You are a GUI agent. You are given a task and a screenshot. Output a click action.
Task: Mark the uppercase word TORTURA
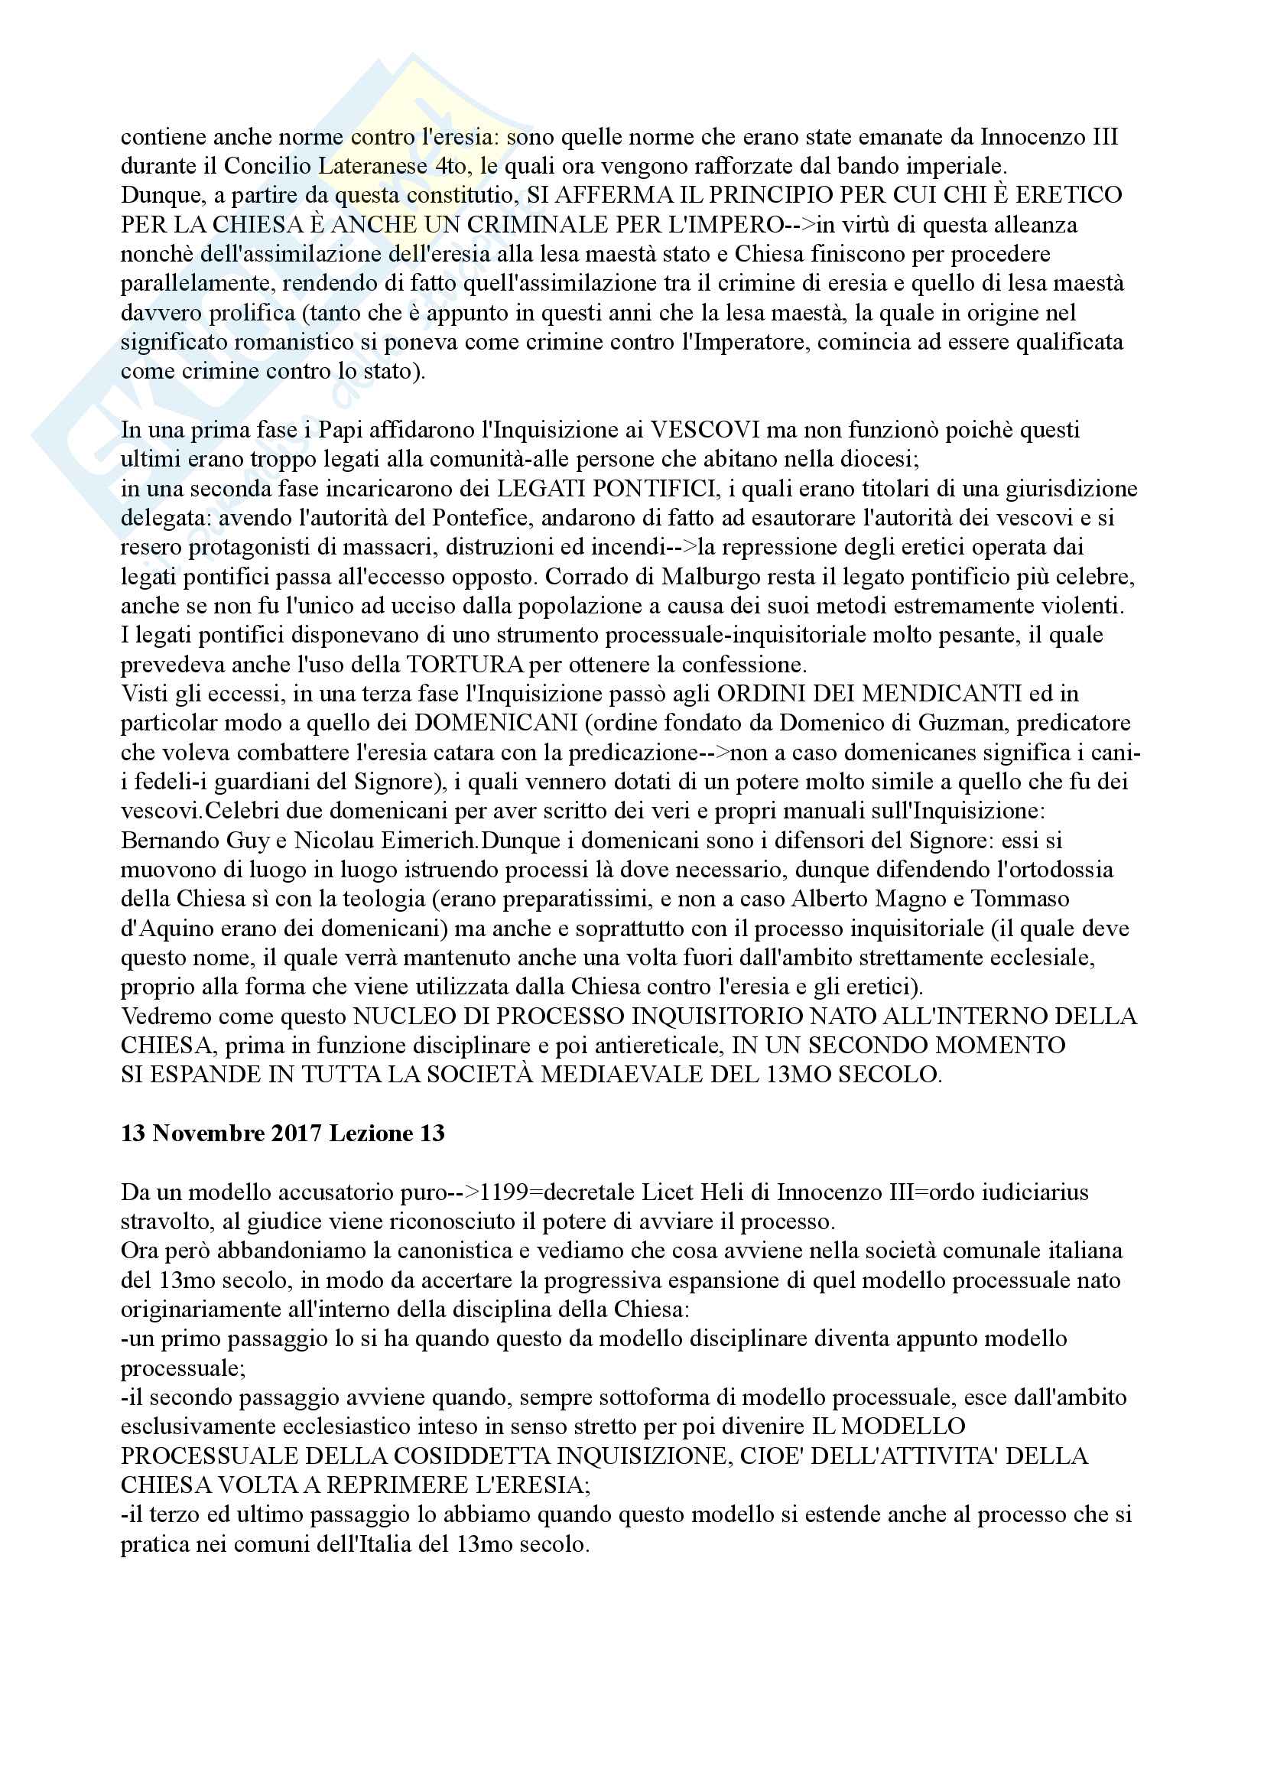(x=465, y=665)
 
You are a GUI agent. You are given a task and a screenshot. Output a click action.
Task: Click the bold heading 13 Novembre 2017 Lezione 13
(x=283, y=1134)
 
